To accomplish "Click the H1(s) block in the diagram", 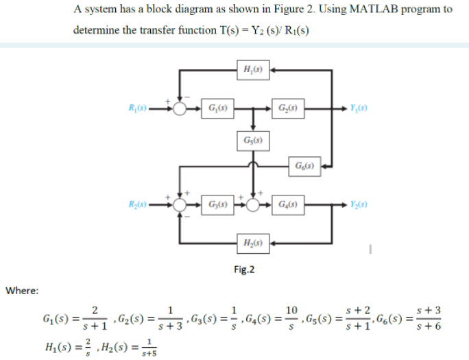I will coord(252,69).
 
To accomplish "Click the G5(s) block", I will coord(252,140).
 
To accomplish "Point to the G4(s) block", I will coord(287,204).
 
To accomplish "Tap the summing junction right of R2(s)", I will coord(180,204).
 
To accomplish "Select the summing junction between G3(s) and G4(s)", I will coord(254,204).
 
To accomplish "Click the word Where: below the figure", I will coord(23,291).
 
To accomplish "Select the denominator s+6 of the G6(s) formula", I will coord(428,327).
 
